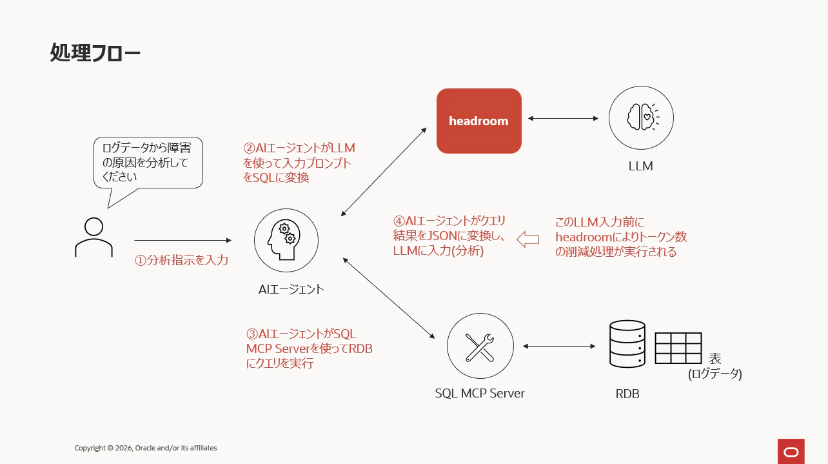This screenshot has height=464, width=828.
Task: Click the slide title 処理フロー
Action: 95,52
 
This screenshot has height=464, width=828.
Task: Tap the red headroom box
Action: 478,121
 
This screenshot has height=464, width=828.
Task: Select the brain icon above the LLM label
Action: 641,117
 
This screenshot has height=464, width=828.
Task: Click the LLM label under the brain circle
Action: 640,166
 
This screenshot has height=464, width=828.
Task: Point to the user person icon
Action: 94,237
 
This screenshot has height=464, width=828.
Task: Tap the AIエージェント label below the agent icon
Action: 291,289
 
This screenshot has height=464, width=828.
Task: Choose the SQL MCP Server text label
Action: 479,393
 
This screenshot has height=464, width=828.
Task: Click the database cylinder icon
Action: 627,344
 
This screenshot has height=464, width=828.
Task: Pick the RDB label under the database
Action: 627,394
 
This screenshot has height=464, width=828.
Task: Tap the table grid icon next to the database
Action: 678,348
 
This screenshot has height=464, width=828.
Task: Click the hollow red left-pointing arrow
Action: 528,239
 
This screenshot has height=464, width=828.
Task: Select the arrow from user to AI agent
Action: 183,240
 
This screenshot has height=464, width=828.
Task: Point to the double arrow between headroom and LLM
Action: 563,118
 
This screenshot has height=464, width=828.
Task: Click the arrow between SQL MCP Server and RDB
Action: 559,347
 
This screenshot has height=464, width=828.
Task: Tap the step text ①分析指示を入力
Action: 181,260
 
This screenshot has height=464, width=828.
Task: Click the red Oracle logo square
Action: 791,452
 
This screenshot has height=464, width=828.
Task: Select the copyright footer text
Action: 146,448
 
